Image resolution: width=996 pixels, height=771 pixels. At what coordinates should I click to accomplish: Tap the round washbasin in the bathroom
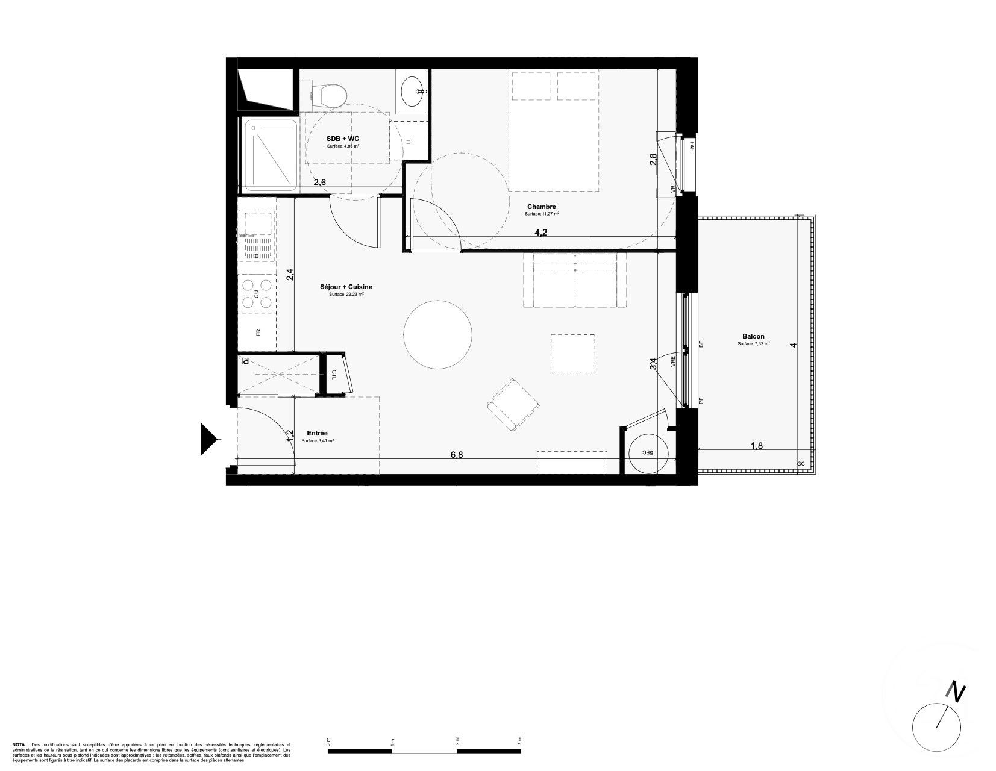pyautogui.click(x=413, y=91)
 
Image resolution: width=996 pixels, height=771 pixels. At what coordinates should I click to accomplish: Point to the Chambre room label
pyautogui.click(x=540, y=207)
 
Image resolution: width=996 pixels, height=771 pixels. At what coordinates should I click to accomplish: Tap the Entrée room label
pyautogui.click(x=317, y=433)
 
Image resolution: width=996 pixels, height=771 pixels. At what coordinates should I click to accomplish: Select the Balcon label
pyautogui.click(x=754, y=337)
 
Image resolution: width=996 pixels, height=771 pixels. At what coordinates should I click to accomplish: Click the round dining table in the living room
pyautogui.click(x=437, y=333)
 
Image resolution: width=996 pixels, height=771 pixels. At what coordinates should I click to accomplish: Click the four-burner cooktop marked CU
pyautogui.click(x=257, y=293)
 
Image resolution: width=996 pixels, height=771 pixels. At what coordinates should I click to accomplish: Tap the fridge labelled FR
pyautogui.click(x=257, y=332)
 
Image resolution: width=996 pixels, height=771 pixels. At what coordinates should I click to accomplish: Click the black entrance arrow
pyautogui.click(x=208, y=439)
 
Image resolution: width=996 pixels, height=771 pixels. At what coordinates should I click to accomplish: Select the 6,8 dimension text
pyautogui.click(x=457, y=455)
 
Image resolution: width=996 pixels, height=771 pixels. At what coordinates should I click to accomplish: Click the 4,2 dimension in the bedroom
pyautogui.click(x=540, y=233)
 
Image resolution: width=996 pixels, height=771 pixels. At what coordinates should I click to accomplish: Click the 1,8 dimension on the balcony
pyautogui.click(x=757, y=446)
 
